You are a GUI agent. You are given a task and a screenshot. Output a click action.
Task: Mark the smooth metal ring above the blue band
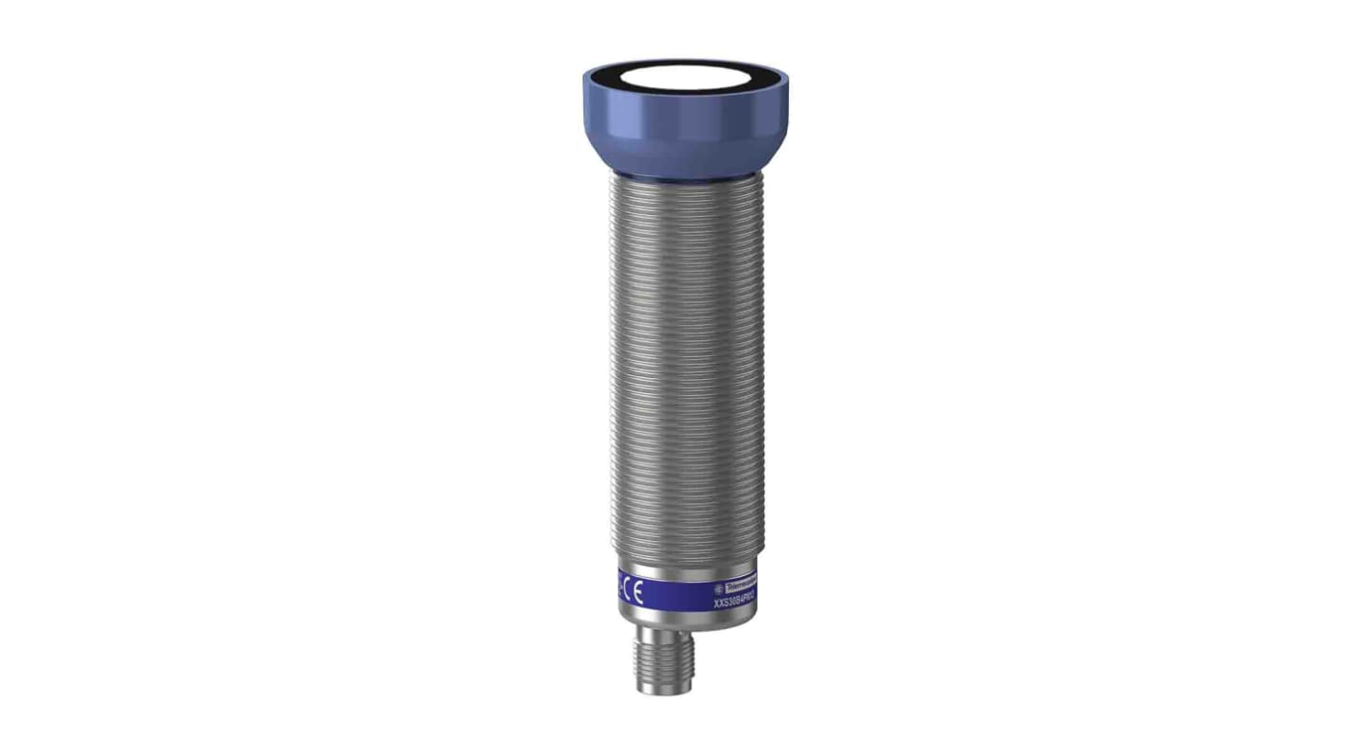coord(684,570)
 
